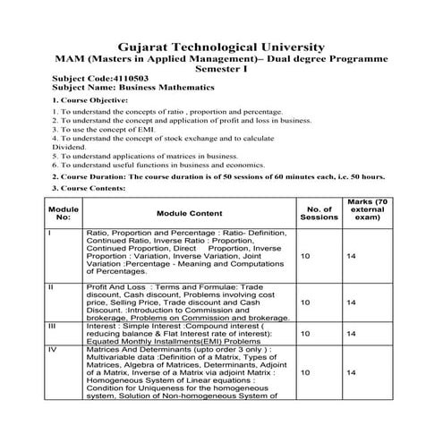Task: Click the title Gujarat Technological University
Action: pyautogui.click(x=221, y=47)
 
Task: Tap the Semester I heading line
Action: pyautogui.click(x=221, y=69)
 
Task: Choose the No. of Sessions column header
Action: pyautogui.click(x=319, y=214)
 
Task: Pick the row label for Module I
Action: pyautogui.click(x=49, y=234)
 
